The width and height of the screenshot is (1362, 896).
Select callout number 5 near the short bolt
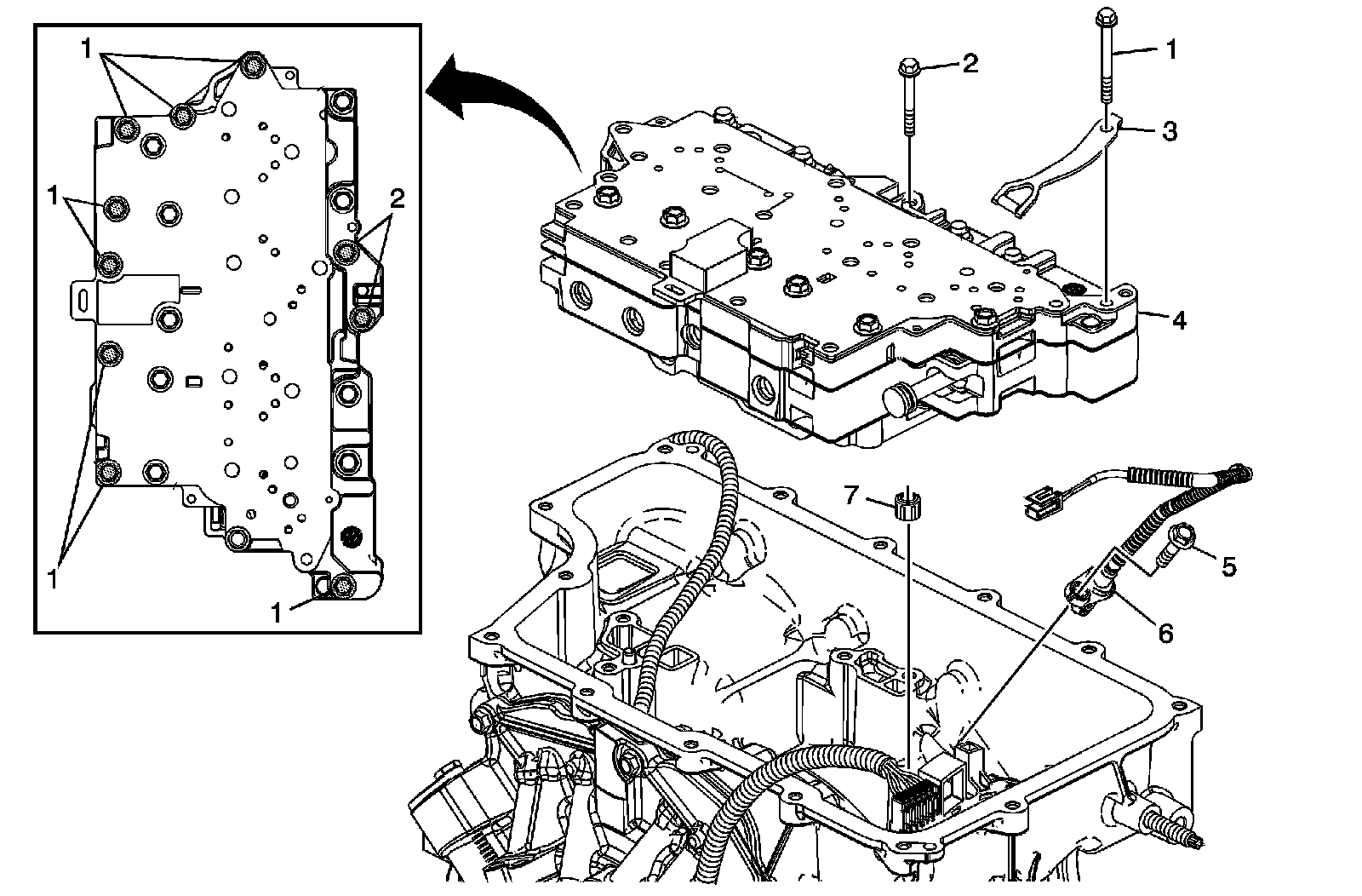click(1228, 566)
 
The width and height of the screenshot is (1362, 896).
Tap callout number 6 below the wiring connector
click(1165, 633)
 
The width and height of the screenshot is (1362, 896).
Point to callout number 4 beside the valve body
click(1178, 321)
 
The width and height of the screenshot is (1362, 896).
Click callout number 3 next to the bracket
click(1170, 131)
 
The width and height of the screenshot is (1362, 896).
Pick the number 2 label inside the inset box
click(397, 199)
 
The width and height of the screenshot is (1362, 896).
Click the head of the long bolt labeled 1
click(1105, 15)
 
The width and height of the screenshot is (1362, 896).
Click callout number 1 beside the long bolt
click(1171, 50)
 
